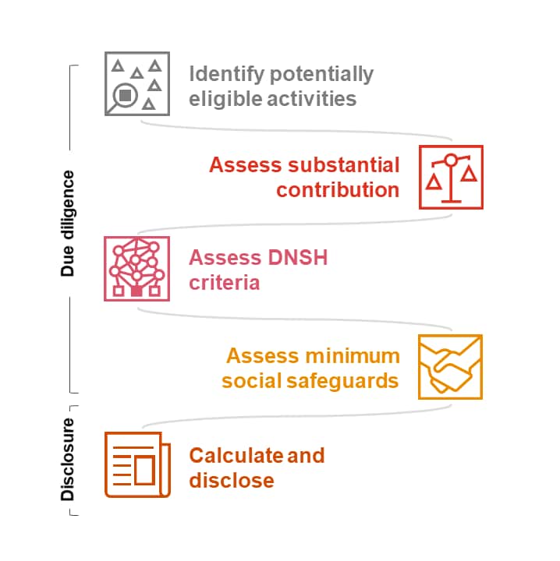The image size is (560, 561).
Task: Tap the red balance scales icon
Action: tap(451, 177)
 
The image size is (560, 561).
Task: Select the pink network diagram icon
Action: tap(136, 269)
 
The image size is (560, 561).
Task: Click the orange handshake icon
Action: tap(450, 366)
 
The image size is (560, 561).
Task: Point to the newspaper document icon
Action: tap(136, 465)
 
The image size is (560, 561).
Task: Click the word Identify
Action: tap(221, 75)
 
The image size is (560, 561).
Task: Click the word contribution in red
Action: tap(338, 190)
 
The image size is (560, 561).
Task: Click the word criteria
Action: tap(224, 282)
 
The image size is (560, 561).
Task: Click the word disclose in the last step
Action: tap(232, 480)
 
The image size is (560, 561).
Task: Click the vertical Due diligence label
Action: tap(69, 223)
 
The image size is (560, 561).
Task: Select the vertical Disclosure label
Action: tap(69, 460)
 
